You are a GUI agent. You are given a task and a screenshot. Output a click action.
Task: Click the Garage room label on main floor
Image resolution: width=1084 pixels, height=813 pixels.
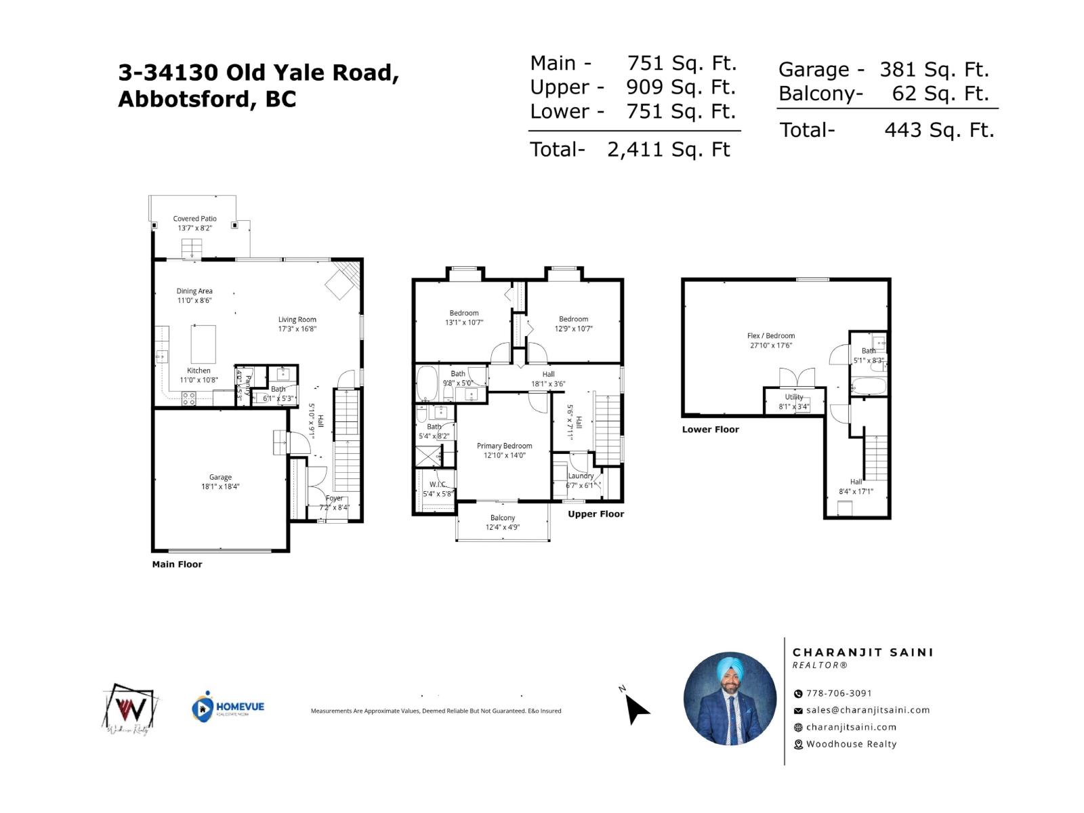pyautogui.click(x=220, y=477)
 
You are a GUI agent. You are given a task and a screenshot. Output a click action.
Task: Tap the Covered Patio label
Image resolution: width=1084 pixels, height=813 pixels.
pyautogui.click(x=194, y=219)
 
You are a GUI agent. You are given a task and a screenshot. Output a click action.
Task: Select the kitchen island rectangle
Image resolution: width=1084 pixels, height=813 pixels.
pyautogui.click(x=203, y=344)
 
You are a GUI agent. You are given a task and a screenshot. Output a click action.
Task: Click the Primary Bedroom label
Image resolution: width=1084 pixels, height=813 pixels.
pyautogui.click(x=504, y=446)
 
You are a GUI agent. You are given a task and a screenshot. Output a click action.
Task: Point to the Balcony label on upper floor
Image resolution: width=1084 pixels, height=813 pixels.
pyautogui.click(x=503, y=518)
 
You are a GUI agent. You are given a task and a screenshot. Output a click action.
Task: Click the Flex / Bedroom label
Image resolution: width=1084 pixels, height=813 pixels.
pyautogui.click(x=771, y=336)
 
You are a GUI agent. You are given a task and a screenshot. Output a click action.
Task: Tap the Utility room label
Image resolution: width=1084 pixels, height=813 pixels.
pyautogui.click(x=794, y=397)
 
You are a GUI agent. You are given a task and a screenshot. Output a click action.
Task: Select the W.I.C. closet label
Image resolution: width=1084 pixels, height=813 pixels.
pyautogui.click(x=438, y=484)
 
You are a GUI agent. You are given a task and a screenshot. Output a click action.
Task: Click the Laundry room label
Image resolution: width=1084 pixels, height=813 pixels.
pyautogui.click(x=581, y=476)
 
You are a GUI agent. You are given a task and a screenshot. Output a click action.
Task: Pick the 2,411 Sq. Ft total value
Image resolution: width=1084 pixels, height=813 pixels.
pyautogui.click(x=668, y=150)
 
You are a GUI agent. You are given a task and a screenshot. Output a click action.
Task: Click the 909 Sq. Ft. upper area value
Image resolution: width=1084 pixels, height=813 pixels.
pyautogui.click(x=680, y=87)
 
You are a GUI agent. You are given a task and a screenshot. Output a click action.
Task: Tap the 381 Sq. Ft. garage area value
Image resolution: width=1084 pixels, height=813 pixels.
pyautogui.click(x=934, y=70)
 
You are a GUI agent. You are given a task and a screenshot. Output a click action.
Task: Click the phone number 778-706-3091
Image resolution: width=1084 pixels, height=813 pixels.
pyautogui.click(x=839, y=693)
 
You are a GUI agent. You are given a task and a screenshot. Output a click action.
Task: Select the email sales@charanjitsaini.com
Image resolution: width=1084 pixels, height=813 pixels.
pyautogui.click(x=867, y=710)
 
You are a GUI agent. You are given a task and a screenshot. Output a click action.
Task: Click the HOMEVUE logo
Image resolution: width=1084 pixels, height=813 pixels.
pyautogui.click(x=228, y=707)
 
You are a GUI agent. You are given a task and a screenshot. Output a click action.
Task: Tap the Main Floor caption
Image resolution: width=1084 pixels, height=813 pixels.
pyautogui.click(x=177, y=564)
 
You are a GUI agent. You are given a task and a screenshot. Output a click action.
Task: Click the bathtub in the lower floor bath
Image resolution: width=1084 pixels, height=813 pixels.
pyautogui.click(x=868, y=387)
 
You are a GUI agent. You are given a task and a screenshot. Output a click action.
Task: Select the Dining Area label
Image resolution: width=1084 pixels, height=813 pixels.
pyautogui.click(x=194, y=291)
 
